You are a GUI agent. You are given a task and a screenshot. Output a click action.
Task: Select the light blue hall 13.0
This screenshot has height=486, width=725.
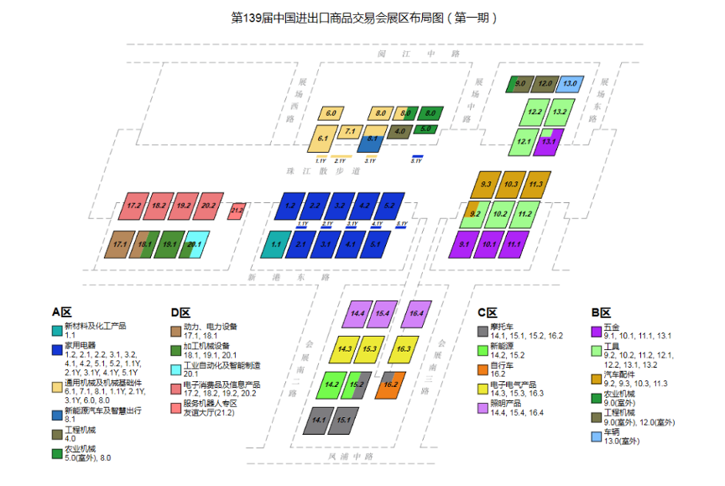pyautogui.click(x=570, y=84)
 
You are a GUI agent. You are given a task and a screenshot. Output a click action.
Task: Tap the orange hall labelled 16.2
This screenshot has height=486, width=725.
pyautogui.click(x=390, y=384)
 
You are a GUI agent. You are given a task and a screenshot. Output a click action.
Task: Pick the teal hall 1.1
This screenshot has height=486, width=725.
pyautogui.click(x=274, y=245)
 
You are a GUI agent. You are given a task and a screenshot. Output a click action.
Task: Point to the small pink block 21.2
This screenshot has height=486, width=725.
pyautogui.click(x=237, y=210)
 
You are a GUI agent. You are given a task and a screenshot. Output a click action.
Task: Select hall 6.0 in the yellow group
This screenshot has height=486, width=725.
pyautogui.click(x=331, y=112)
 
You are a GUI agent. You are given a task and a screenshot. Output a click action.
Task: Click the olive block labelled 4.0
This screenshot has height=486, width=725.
pyautogui.click(x=399, y=131)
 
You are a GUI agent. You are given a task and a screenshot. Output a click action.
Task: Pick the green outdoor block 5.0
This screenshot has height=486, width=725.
pyautogui.click(x=425, y=129)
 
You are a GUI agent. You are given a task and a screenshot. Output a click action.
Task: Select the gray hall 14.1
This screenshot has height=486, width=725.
pyautogui.click(x=318, y=419)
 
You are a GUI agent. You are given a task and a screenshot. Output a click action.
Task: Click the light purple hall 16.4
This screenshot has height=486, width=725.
pyautogui.click(x=415, y=313)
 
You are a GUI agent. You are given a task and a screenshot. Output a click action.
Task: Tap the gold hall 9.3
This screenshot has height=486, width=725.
pyautogui.click(x=486, y=185)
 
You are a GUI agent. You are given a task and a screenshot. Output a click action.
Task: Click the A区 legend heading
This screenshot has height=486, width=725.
pyautogui.click(x=63, y=312)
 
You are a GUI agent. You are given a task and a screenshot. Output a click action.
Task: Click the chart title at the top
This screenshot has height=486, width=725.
pyautogui.click(x=363, y=17)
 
